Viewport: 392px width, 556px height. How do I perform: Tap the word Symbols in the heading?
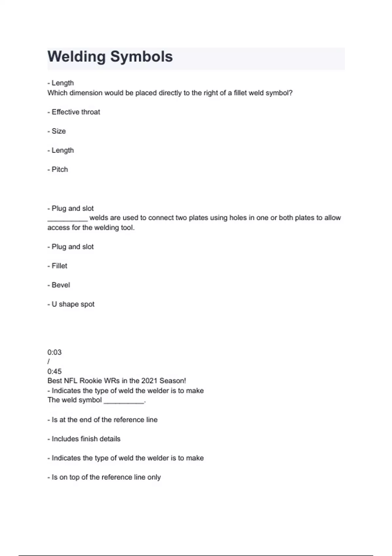point(141,57)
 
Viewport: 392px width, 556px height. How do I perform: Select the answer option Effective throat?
point(75,112)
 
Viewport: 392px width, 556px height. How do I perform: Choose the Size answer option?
point(58,131)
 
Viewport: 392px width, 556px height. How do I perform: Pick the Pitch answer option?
point(59,169)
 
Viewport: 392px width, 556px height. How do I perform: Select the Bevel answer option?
point(60,285)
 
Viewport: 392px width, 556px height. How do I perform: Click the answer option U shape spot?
point(73,304)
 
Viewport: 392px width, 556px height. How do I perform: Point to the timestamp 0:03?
point(54,352)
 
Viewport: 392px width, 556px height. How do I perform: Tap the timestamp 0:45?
point(54,371)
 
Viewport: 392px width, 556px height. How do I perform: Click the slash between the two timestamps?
point(49,362)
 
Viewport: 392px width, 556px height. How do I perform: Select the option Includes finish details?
point(86,439)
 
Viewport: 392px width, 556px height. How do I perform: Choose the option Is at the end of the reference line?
point(104,420)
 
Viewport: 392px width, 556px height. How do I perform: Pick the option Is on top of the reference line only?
point(106,477)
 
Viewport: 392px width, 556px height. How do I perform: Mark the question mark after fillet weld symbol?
point(291,93)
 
